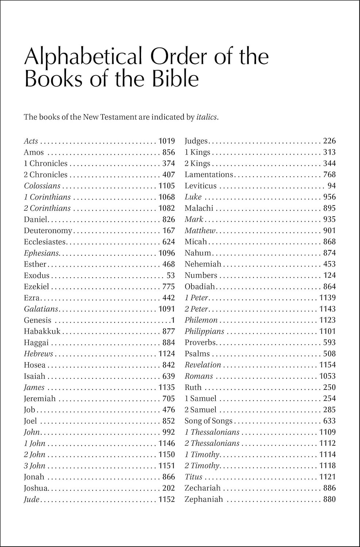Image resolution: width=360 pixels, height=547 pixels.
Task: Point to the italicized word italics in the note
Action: [x=207, y=117]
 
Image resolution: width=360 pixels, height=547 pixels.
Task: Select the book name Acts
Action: [x=31, y=141]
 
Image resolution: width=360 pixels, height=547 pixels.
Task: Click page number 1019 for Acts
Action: [x=167, y=141]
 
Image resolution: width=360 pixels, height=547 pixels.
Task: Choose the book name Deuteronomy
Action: [x=48, y=231]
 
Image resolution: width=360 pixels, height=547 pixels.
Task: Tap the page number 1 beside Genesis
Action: [x=173, y=321]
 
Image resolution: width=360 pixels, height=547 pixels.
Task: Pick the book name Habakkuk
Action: [x=42, y=331]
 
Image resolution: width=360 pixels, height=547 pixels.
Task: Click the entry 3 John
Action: [x=35, y=466]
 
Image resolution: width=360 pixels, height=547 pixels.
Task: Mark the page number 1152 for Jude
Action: [x=167, y=499]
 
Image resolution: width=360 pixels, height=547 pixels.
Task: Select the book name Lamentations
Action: [x=209, y=175]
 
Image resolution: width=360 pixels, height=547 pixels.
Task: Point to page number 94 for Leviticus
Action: [x=332, y=186]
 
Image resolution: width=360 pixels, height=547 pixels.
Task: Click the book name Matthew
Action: [x=200, y=231]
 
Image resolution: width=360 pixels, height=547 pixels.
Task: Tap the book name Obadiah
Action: [x=200, y=287]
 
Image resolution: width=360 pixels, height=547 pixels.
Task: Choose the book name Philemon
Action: [x=201, y=320]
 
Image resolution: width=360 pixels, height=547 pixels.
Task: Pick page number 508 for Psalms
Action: [x=329, y=354]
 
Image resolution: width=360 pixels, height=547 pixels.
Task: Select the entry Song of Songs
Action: [x=208, y=421]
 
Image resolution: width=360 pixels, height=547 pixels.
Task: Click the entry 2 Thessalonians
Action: [x=212, y=443]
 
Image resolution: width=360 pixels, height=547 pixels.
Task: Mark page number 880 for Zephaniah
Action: [x=329, y=499]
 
